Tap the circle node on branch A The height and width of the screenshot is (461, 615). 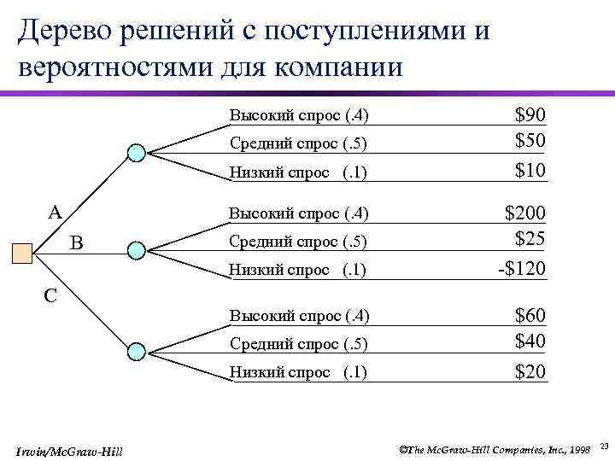tap(136, 153)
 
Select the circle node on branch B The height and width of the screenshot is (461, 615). tap(136, 250)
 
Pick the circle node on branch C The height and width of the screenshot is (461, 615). tap(136, 351)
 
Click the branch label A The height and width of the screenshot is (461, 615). tap(53, 212)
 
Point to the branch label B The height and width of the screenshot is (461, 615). tap(76, 243)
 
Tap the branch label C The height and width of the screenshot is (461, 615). tap(50, 295)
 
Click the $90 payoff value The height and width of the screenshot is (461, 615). tap(530, 115)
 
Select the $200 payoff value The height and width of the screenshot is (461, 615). tap(524, 213)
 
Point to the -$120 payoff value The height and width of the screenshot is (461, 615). tap(521, 269)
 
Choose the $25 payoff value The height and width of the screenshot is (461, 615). tap(530, 239)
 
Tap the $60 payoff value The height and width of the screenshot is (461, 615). tap(530, 317)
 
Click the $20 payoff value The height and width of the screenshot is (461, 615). tap(530, 371)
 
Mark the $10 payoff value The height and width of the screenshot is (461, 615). tap(530, 171)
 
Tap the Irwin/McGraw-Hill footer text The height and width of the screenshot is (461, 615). tap(69, 450)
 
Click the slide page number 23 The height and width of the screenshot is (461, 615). tap(604, 446)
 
